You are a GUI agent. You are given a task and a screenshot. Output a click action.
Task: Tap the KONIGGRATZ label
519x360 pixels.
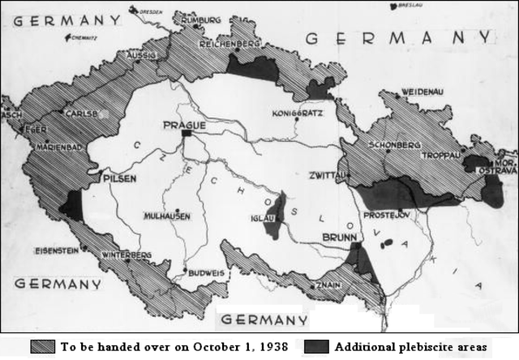300,112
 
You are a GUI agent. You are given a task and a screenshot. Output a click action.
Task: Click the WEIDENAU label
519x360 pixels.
421,92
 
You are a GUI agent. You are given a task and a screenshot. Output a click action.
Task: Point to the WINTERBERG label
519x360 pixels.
126,255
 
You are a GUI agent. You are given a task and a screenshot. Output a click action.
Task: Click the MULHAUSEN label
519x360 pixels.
168,216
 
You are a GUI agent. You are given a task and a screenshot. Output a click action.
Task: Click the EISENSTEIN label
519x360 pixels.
57,251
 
